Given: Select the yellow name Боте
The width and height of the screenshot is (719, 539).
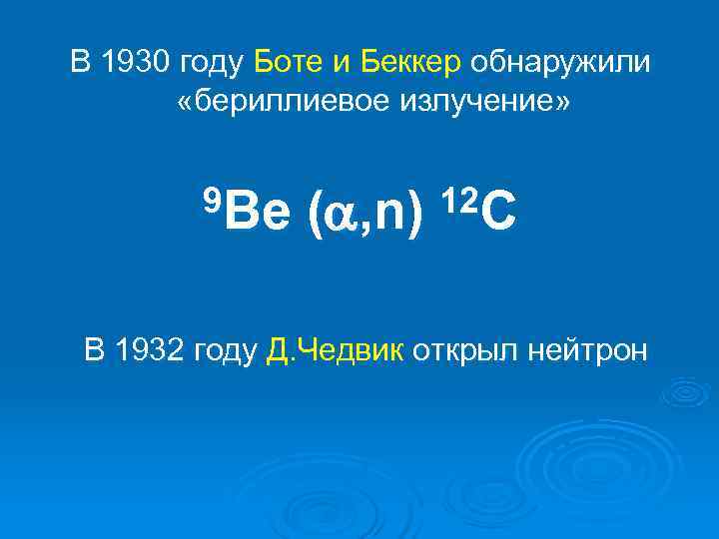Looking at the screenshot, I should click(x=289, y=62).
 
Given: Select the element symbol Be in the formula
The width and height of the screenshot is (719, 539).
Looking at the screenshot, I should click(x=258, y=213).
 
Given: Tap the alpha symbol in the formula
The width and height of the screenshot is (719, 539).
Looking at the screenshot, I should click(x=344, y=214).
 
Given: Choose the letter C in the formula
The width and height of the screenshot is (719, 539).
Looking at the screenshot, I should click(x=501, y=213).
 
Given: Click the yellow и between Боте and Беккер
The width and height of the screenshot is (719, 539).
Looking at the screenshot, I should click(x=340, y=63).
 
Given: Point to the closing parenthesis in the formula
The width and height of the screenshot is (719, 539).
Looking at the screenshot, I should click(x=414, y=214).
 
